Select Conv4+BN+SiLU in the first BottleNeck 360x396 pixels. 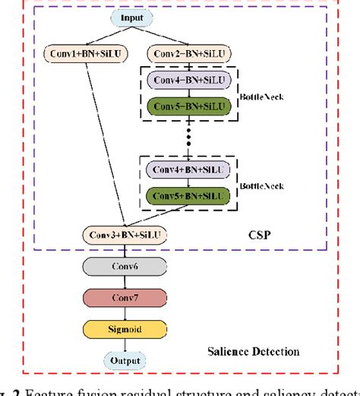point(182,81)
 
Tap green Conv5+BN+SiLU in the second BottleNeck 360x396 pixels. point(182,196)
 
